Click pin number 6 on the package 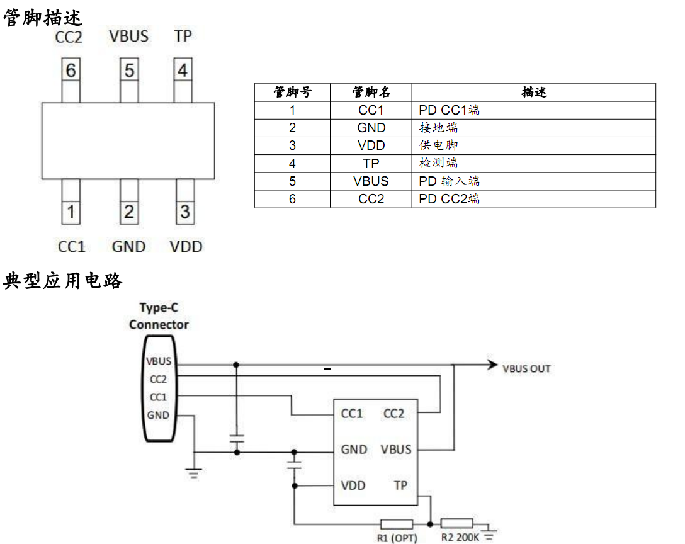pyautogui.click(x=71, y=70)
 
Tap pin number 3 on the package pyautogui.click(x=184, y=212)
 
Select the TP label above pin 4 pyautogui.click(x=183, y=37)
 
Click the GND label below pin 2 pyautogui.click(x=128, y=246)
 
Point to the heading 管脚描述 pyautogui.click(x=43, y=18)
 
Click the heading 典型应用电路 pyautogui.click(x=63, y=280)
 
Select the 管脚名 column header pyautogui.click(x=371, y=93)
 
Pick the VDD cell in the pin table pyautogui.click(x=371, y=145)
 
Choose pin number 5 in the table pyautogui.click(x=292, y=181)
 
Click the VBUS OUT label pyautogui.click(x=526, y=368)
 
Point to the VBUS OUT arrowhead pyautogui.click(x=492, y=364)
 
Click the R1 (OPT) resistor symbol pyautogui.click(x=397, y=524)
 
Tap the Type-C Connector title pyautogui.click(x=159, y=316)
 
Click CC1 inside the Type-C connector pyautogui.click(x=158, y=397)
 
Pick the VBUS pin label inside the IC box pyautogui.click(x=396, y=450)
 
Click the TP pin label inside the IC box pyautogui.click(x=400, y=485)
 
